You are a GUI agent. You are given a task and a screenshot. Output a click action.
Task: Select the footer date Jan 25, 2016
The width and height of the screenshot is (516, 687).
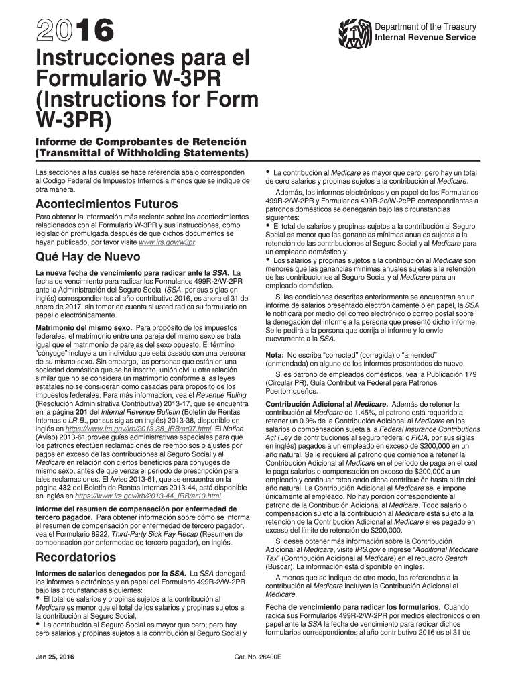(55, 656)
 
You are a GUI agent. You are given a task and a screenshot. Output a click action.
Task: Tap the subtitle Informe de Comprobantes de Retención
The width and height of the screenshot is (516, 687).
(141, 142)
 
